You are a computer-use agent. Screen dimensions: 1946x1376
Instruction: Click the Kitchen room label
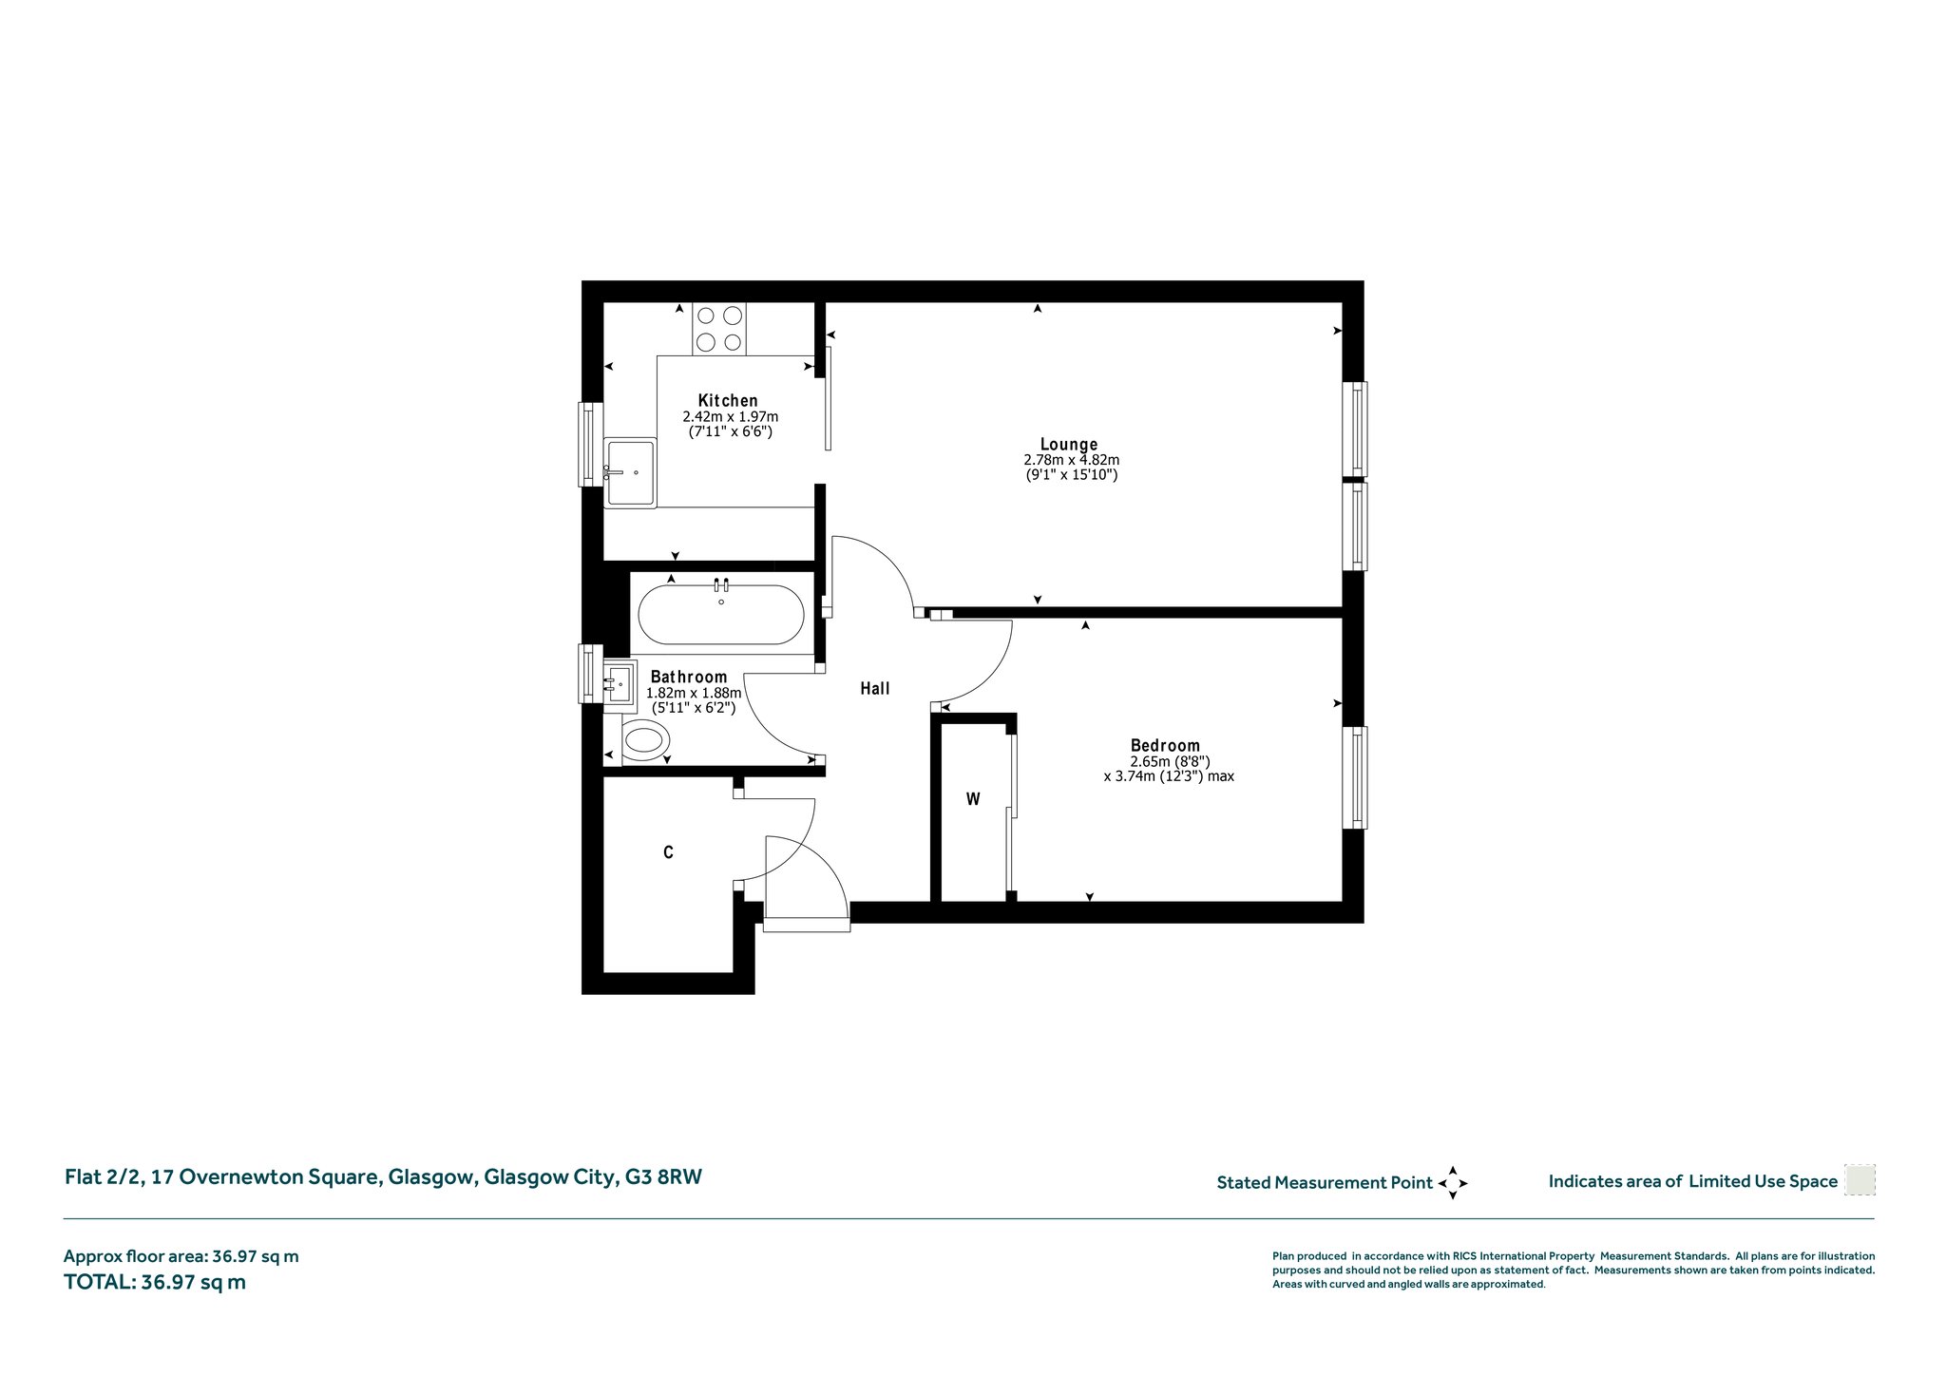point(728,400)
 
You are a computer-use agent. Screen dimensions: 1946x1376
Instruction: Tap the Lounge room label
point(1069,444)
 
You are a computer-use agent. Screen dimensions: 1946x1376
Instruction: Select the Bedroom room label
point(1165,746)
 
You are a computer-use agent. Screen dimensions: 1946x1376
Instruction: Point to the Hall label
point(875,688)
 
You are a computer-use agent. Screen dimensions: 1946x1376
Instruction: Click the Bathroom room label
point(689,677)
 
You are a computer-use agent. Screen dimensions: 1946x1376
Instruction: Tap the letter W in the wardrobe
point(973,799)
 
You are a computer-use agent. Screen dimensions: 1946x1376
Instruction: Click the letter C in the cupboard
point(668,852)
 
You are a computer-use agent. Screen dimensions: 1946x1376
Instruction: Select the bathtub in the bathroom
point(721,614)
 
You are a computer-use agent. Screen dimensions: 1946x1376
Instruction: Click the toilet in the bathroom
point(645,738)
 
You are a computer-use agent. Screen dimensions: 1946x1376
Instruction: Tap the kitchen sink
point(630,472)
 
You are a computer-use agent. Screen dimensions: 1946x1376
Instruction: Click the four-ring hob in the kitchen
point(719,329)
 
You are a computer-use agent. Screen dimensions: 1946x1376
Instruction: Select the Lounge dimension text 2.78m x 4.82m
point(1071,460)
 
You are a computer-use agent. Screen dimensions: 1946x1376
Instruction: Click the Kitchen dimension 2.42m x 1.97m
point(730,416)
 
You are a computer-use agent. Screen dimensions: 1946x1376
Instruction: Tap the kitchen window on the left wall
point(591,444)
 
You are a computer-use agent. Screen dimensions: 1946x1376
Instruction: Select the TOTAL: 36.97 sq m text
point(155,1282)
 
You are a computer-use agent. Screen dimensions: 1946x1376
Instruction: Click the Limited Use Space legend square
point(1860,1180)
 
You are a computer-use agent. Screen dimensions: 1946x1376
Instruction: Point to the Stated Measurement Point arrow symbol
point(1453,1183)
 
